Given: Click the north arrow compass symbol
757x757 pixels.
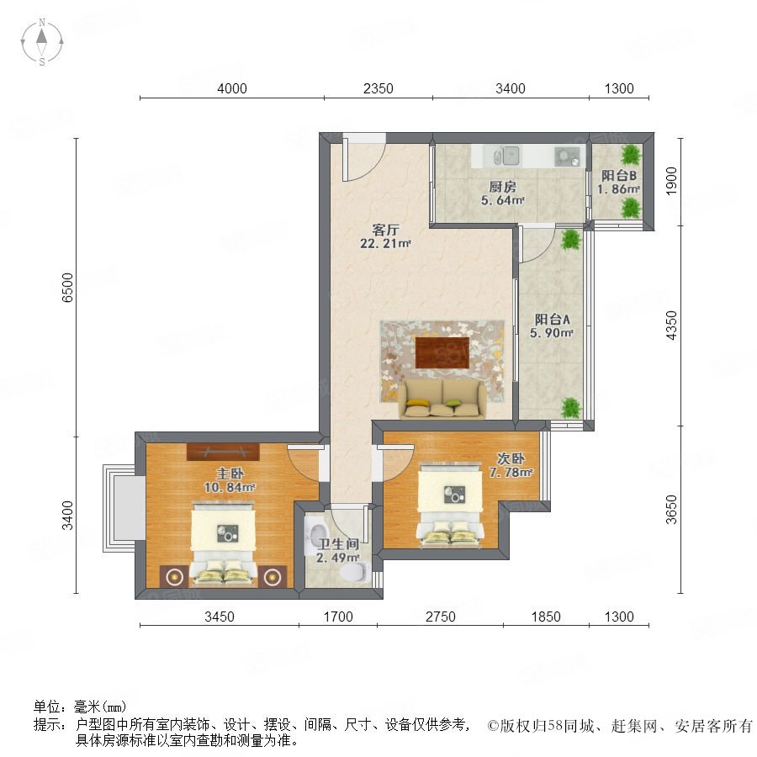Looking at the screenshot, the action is tap(42, 41).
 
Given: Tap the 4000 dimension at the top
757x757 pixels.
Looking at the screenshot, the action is tap(232, 89).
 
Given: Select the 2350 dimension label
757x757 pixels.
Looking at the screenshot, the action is tap(378, 89).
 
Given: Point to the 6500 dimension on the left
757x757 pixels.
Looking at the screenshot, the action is tap(67, 288).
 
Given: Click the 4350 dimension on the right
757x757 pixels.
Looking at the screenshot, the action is tap(671, 326).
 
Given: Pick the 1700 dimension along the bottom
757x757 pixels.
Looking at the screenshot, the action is tap(338, 617).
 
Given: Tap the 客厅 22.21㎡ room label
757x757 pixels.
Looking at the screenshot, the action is tap(384, 236).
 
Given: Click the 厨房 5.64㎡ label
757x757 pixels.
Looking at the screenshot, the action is tap(503, 193).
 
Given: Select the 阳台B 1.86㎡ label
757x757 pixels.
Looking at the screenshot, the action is tap(618, 182).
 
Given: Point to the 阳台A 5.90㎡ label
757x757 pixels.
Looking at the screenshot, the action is tap(552, 326).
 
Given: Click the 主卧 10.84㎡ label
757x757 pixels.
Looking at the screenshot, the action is tap(230, 480).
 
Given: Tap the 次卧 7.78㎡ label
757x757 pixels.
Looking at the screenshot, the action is tap(511, 465).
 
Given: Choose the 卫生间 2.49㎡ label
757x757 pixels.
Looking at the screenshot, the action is tap(338, 551).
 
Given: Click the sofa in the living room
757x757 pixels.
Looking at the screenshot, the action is tap(442, 399).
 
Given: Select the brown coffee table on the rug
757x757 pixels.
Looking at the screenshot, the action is tap(442, 352).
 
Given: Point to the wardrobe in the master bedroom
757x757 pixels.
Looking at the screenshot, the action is tap(223, 452).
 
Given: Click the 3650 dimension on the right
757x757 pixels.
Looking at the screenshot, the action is tap(671, 510).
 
